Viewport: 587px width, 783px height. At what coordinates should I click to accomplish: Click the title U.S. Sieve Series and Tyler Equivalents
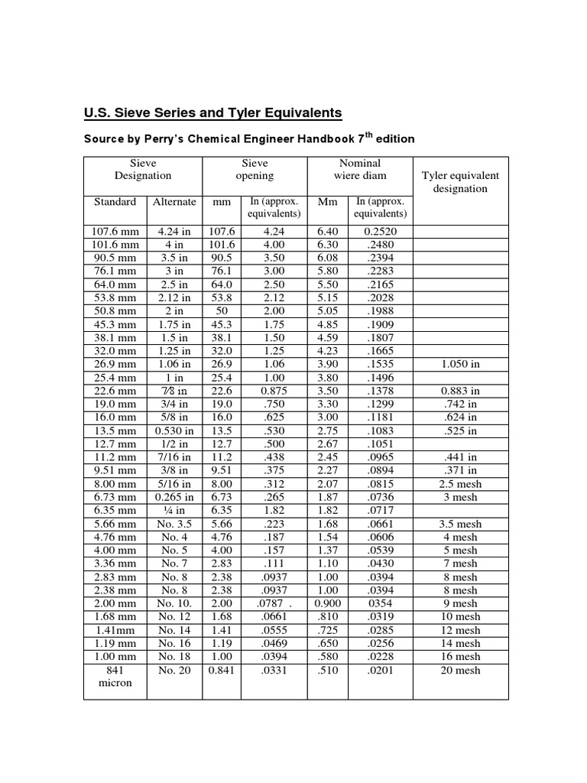pos(212,113)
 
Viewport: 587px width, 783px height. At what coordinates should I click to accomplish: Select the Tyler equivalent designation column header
pos(460,182)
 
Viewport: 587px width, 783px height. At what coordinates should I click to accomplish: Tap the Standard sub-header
pos(115,202)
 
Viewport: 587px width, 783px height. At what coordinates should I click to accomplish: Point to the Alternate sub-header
pos(174,202)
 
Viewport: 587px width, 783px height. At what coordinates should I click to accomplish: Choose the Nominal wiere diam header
pos(360,169)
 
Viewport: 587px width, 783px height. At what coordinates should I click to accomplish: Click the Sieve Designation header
pos(143,169)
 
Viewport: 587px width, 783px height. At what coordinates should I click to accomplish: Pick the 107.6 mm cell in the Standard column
pos(115,231)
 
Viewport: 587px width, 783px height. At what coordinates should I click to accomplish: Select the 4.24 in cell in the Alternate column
pos(174,231)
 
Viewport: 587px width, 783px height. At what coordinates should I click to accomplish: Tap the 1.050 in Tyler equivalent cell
pos(460,364)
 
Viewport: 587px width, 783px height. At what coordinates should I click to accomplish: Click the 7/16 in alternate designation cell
pos(174,457)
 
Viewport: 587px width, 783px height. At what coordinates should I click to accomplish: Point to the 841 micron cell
pos(115,676)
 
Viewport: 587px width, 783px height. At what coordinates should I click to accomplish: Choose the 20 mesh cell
pos(460,670)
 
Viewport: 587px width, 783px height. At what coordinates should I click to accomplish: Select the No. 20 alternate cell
pos(174,670)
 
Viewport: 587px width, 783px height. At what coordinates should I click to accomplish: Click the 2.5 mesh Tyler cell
pos(460,483)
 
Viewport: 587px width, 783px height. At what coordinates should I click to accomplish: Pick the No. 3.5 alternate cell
pos(174,524)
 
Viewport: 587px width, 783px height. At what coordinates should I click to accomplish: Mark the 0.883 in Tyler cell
pos(460,391)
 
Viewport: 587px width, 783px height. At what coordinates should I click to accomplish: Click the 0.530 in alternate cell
pos(174,430)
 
